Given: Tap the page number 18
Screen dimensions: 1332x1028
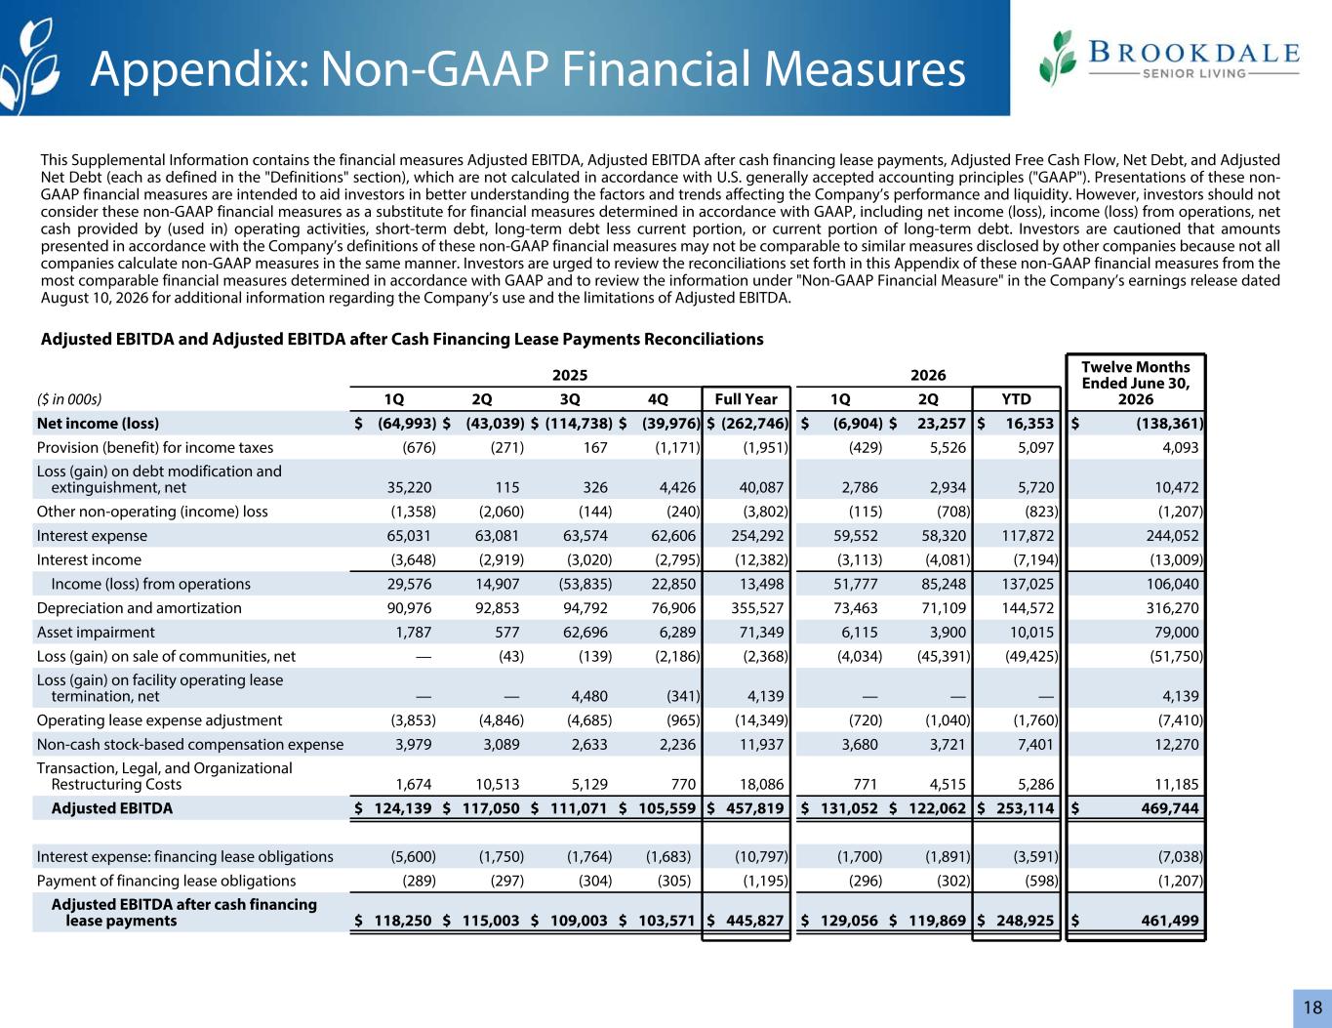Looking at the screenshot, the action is point(1312,1007).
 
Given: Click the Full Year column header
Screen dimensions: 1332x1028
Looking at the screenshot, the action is point(746,399).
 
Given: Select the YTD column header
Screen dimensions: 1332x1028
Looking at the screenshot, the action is point(1016,399).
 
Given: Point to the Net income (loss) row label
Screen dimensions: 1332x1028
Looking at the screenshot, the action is point(98,423).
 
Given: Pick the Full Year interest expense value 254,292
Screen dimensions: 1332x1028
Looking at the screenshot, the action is point(757,535).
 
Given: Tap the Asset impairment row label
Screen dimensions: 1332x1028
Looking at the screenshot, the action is point(96,632).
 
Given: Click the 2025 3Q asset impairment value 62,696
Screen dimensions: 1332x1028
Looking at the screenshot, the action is point(585,632).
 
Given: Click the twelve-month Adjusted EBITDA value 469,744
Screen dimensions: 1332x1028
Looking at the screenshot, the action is point(1170,808).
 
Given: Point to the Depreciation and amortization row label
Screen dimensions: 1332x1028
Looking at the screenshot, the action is point(140,607).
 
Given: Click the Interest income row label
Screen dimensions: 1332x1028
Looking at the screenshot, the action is point(89,559).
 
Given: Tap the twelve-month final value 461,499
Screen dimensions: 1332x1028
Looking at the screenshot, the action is point(1170,920).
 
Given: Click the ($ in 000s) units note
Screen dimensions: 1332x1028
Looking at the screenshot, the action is point(69,399).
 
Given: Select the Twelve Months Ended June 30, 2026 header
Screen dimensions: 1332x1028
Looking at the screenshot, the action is point(1135,383).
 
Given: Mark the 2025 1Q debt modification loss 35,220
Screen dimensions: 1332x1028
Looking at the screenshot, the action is point(409,487).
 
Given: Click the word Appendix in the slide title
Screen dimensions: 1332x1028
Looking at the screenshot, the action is point(200,70).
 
